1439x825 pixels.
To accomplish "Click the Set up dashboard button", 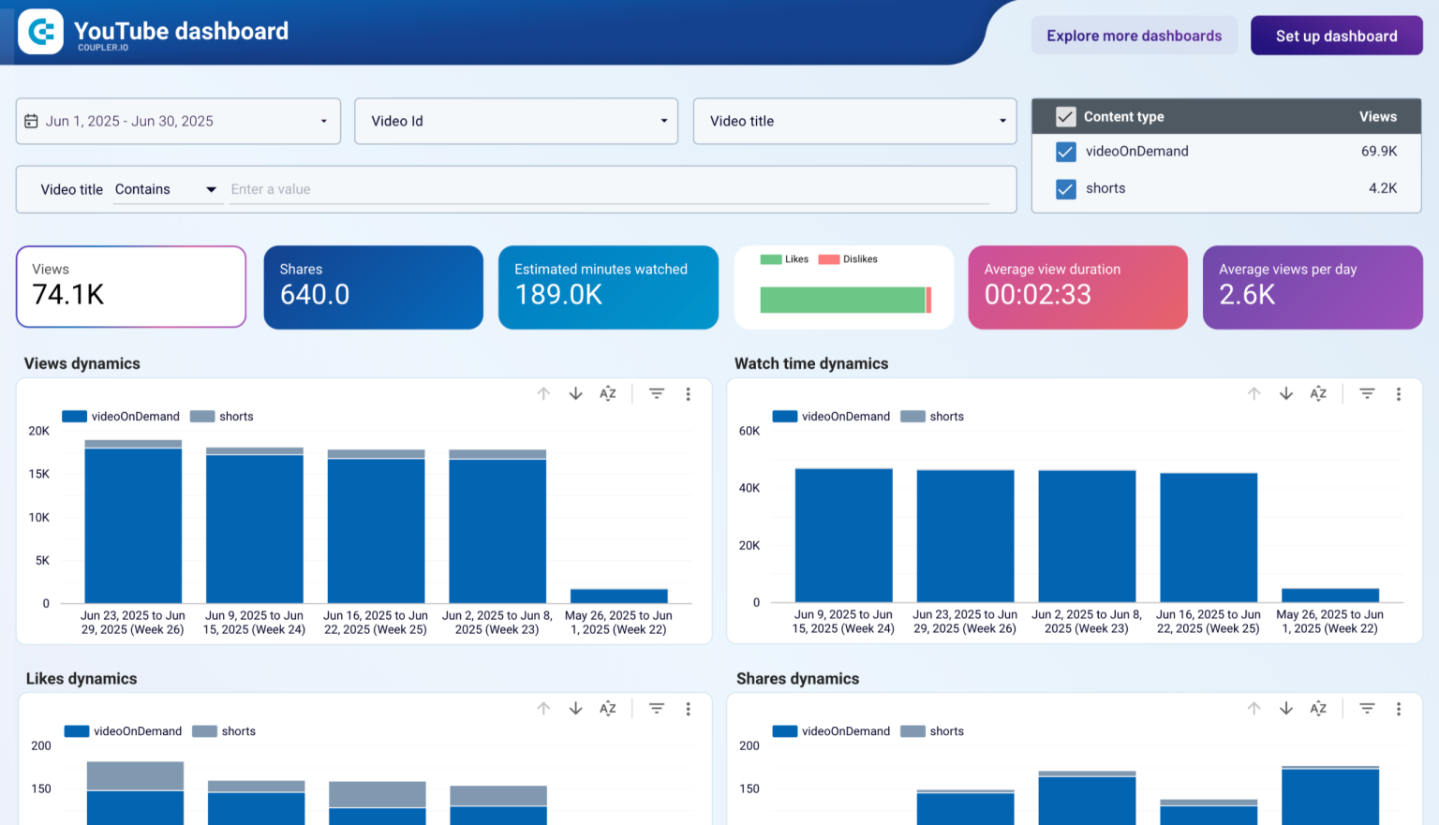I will (x=1336, y=36).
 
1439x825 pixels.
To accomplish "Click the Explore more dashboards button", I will (x=1134, y=36).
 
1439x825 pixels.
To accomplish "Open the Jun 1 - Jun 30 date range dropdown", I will (x=178, y=121).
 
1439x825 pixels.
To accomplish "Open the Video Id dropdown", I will (x=515, y=121).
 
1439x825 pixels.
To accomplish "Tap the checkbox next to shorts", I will (x=1065, y=189).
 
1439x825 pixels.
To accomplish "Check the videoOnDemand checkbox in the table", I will (x=1065, y=152).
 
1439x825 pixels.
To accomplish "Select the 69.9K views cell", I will (x=1378, y=151).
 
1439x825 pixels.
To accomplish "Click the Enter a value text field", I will (x=609, y=189).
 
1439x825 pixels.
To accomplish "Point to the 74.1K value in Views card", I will (x=68, y=295).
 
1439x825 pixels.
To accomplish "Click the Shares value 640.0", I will (x=315, y=295).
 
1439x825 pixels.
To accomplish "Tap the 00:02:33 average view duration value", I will (x=1037, y=295).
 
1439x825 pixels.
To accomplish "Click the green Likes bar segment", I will (x=841, y=300).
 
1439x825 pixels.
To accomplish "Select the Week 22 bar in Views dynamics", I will (x=618, y=596).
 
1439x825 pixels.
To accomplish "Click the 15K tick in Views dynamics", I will (x=39, y=474).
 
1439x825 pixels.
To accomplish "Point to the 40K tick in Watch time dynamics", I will (x=749, y=488).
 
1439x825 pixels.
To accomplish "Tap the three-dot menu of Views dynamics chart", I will (x=688, y=394).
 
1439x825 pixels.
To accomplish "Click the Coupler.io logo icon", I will (x=40, y=32).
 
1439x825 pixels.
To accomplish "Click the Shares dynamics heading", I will (x=797, y=679).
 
